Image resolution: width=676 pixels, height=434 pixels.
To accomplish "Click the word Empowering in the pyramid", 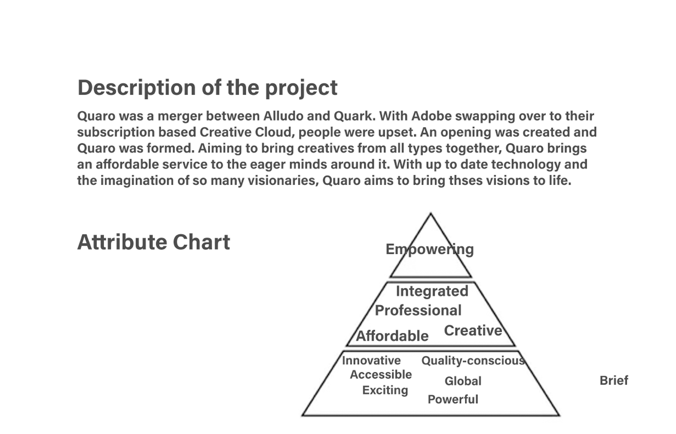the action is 430,249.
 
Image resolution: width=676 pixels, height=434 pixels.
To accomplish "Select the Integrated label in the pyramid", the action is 432,291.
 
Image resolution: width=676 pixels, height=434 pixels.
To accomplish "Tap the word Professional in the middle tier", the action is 418,310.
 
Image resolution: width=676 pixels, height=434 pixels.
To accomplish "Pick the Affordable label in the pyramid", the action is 392,336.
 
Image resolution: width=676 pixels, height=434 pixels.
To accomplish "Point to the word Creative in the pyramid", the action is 473,331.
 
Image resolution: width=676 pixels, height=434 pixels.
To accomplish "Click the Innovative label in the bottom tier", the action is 371,360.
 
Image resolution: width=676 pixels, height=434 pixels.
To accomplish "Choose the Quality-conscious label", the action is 473,361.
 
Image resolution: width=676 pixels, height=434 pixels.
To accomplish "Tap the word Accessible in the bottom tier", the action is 381,375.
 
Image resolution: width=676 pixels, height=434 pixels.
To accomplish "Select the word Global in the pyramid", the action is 463,381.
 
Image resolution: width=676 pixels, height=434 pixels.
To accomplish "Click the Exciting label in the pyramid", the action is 385,390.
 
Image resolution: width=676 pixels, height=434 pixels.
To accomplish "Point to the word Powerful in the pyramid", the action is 453,399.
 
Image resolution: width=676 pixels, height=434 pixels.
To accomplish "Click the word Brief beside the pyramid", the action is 614,380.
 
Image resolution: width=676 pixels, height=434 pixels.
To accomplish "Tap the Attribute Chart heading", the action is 154,242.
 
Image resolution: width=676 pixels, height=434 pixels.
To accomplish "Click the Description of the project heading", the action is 207,88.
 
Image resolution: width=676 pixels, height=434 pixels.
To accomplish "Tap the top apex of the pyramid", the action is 431,214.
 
